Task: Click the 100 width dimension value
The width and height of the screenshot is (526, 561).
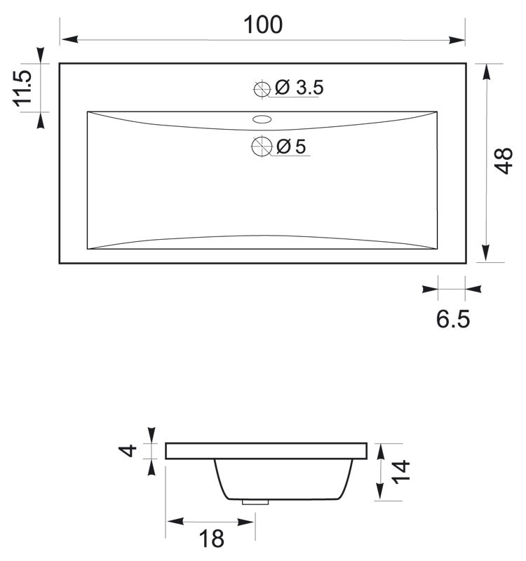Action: click(x=263, y=25)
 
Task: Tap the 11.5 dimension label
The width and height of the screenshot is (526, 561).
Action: click(x=22, y=88)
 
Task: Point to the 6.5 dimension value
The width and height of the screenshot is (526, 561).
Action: click(x=452, y=319)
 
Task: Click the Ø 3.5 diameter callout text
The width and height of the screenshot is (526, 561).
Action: click(x=299, y=87)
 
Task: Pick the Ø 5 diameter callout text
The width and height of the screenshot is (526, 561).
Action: click(x=291, y=147)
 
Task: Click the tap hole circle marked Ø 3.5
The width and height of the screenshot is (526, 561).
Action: click(x=262, y=89)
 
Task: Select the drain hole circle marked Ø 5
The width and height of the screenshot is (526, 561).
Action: click(x=262, y=147)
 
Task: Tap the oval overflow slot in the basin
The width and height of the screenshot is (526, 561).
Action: click(x=262, y=119)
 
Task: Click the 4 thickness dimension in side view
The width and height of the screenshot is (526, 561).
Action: click(x=128, y=450)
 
